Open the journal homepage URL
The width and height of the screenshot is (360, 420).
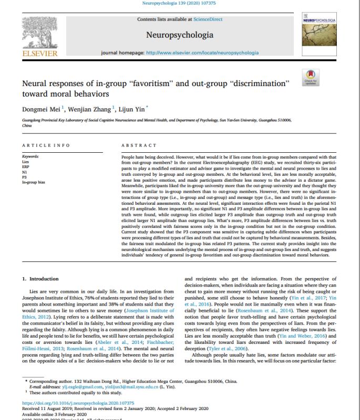coord(202,53)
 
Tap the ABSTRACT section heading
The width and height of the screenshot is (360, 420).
coord(139,145)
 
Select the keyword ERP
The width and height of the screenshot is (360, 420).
coord(26,166)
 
